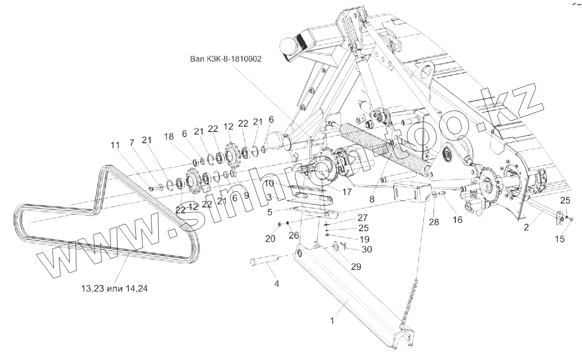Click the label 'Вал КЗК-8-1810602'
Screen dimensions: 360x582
(x=226, y=59)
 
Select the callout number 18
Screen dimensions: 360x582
(x=169, y=136)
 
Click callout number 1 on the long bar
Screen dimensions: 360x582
(x=332, y=321)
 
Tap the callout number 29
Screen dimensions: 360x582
(x=356, y=267)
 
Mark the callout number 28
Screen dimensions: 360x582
(x=434, y=222)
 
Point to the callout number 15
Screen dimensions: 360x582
(x=560, y=239)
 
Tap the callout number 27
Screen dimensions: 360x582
(x=362, y=217)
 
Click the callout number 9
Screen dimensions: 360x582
(x=246, y=196)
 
